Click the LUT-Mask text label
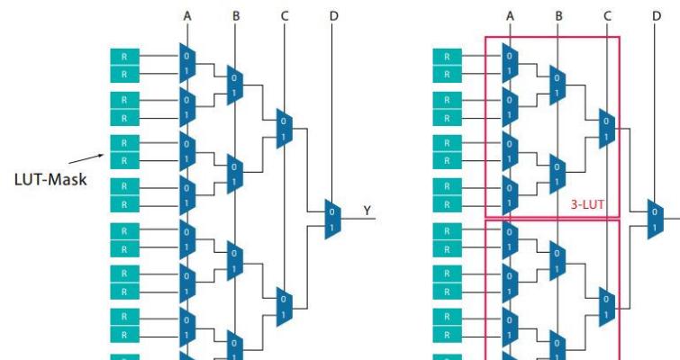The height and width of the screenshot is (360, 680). coord(50,180)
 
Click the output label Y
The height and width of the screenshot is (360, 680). coord(367,211)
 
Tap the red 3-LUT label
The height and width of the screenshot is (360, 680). coord(587,204)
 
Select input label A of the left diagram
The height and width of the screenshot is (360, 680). coord(187,15)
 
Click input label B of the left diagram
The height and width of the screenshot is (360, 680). coord(235,15)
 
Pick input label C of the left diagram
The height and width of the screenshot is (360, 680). coord(284,15)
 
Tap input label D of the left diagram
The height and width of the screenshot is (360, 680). coord(333,15)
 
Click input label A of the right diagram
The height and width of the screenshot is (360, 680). coord(511,15)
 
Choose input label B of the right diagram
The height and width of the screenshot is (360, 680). coord(558,15)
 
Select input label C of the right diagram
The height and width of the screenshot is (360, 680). coord(607,15)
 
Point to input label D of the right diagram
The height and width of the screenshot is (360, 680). coord(657,15)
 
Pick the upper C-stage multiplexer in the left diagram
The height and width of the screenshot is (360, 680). coord(284,130)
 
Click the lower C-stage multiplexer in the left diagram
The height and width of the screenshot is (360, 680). coord(284,306)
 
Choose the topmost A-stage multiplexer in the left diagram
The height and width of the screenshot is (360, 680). coord(186,63)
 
